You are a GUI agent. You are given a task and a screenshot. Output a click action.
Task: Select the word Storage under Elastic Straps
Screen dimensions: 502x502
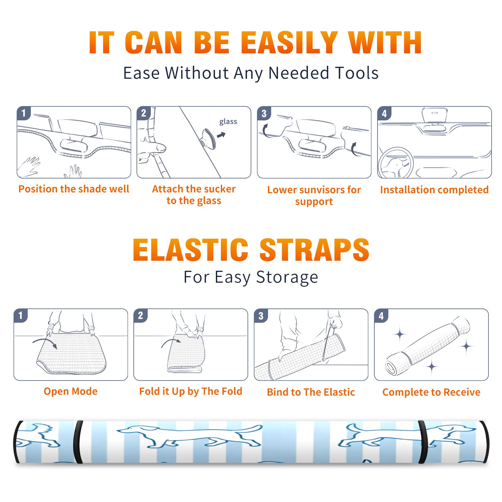point(287,278)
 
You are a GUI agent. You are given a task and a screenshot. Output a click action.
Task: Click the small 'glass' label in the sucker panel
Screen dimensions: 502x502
point(228,122)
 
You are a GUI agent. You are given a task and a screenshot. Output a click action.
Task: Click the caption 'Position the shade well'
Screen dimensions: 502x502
point(74,189)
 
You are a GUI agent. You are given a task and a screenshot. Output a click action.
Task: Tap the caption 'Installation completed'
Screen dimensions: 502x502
point(434,190)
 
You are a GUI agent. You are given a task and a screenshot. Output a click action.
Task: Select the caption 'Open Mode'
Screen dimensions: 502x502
point(71,391)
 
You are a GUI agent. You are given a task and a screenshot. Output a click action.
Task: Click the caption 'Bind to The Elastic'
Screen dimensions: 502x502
point(311,392)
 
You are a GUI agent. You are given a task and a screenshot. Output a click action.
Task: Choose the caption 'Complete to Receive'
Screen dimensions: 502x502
point(431,392)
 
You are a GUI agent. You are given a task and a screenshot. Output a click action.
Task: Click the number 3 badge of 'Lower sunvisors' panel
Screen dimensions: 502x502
point(264,113)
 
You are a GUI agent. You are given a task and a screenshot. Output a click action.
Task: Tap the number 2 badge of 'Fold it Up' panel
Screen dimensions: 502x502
point(141,315)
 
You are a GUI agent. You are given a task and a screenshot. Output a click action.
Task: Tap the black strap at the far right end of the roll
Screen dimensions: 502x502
point(484,442)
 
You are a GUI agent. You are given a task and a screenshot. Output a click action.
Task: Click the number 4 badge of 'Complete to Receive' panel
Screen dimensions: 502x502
point(381,316)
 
